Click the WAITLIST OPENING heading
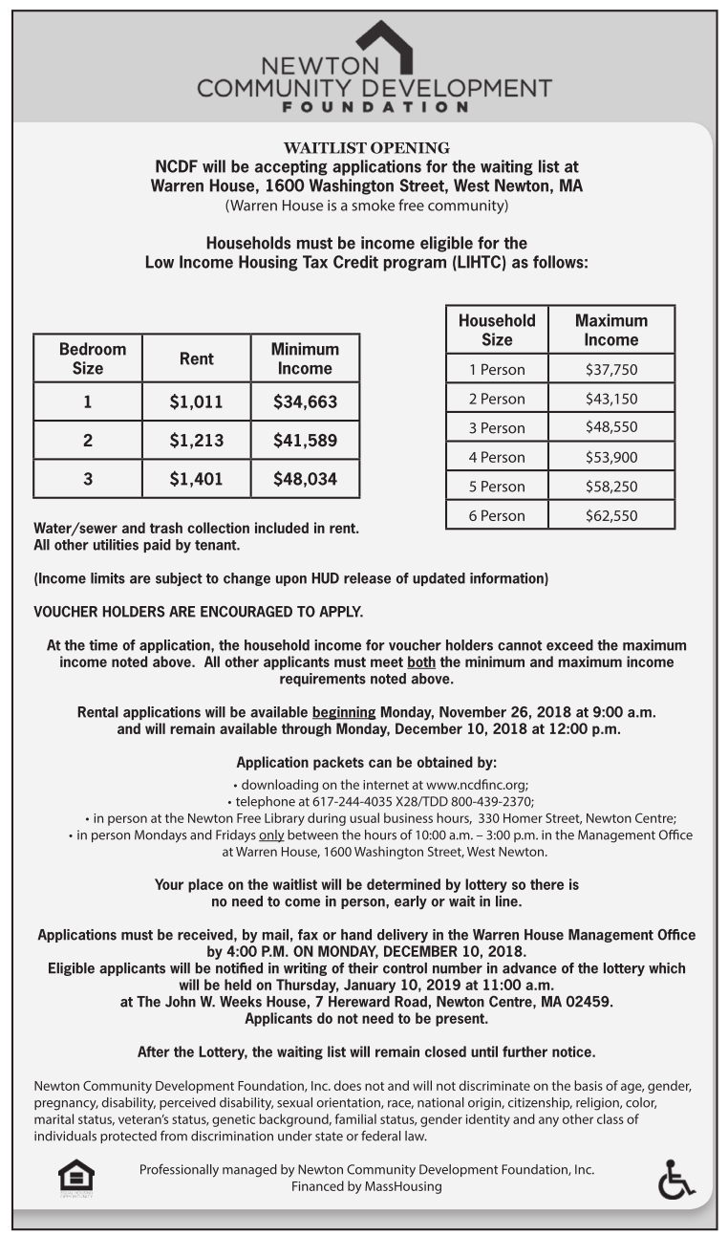(x=367, y=147)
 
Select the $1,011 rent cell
(x=196, y=402)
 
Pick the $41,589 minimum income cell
(x=305, y=441)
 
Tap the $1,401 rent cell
(x=196, y=479)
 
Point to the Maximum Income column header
(x=610, y=330)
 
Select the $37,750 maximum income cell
(x=610, y=370)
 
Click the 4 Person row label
(x=497, y=457)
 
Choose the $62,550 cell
(x=610, y=516)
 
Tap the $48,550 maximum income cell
(x=610, y=427)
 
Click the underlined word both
(x=421, y=662)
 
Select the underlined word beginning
(x=344, y=713)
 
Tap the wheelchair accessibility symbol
(x=675, y=1179)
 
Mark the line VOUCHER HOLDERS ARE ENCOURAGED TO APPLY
(x=198, y=611)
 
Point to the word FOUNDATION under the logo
(x=375, y=107)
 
